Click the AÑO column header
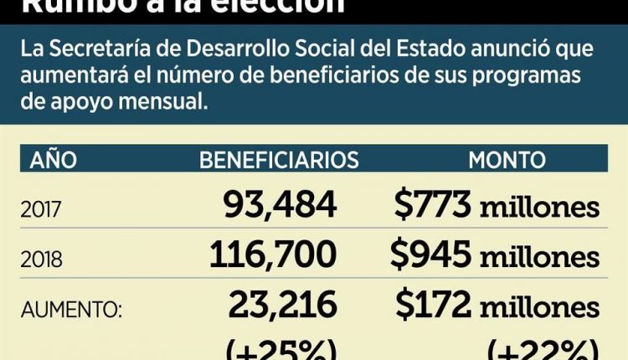tap(54, 159)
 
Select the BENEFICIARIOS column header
tap(279, 159)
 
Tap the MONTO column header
tap(507, 159)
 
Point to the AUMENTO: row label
tap(71, 310)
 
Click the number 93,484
tap(280, 205)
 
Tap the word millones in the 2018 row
tap(539, 255)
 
